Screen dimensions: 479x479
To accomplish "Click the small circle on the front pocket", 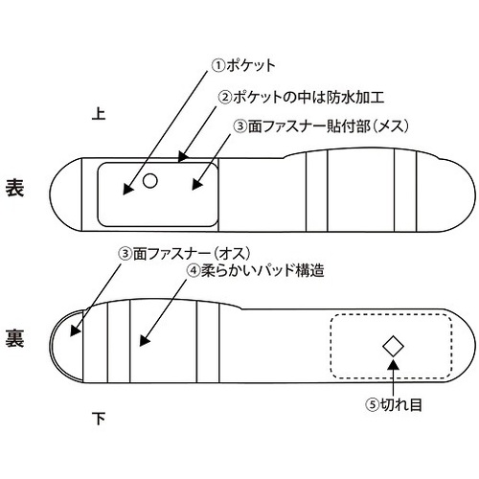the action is pyautogui.click(x=149, y=181).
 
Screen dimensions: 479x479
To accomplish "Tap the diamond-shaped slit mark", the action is pyautogui.click(x=393, y=346).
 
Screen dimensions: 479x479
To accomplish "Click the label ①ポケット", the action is pyautogui.click(x=243, y=66).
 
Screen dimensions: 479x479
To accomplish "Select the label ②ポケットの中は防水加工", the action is pyautogui.click(x=301, y=97).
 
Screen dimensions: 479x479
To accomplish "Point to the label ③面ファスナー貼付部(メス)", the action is pyautogui.click(x=321, y=126).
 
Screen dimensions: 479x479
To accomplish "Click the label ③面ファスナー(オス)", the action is pyautogui.click(x=184, y=254).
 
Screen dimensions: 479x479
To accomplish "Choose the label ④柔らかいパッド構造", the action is pyautogui.click(x=256, y=271).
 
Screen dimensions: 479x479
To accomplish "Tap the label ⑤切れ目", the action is pyautogui.click(x=394, y=404).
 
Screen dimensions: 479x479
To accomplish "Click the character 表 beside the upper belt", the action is pyautogui.click(x=14, y=188).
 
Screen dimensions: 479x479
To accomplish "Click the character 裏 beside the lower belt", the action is pyautogui.click(x=14, y=338).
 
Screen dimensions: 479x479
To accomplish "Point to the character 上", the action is pyautogui.click(x=99, y=113).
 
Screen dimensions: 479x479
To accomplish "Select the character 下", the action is pyautogui.click(x=99, y=419).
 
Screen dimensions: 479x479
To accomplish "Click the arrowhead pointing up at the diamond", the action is pyautogui.click(x=394, y=365).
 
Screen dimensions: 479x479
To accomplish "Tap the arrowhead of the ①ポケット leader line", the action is pyautogui.click(x=127, y=189).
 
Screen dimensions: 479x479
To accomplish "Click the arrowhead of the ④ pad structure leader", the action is pyautogui.click(x=144, y=340).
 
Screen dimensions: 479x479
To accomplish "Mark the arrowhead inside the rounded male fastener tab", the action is pyautogui.click(x=75, y=331).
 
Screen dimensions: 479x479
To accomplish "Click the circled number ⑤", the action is pyautogui.click(x=373, y=405).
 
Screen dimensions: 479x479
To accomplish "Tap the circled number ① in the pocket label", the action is pyautogui.click(x=218, y=66).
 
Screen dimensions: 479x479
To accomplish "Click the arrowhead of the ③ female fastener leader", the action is pyautogui.click(x=196, y=185).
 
